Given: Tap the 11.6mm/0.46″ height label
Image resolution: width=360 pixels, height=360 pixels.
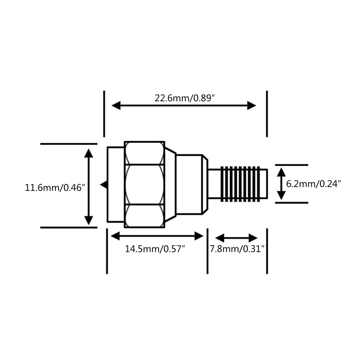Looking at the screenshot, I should pyautogui.click(x=55, y=188).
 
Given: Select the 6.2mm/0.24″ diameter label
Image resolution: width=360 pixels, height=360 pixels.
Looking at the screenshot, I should pyautogui.click(x=314, y=184).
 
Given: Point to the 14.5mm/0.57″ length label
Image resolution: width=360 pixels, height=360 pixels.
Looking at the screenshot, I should pyautogui.click(x=155, y=248).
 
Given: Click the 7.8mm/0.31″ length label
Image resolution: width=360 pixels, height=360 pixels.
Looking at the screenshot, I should pyautogui.click(x=237, y=248).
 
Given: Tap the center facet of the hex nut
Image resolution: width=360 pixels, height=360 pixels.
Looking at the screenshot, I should pyautogui.click(x=144, y=185).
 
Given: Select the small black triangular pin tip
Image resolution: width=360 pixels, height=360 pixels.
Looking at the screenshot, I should pyautogui.click(x=103, y=184).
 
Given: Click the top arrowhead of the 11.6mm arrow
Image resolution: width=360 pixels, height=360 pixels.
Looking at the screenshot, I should pyautogui.click(x=89, y=153).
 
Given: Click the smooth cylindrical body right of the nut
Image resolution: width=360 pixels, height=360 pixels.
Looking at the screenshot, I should pyautogui.click(x=190, y=184).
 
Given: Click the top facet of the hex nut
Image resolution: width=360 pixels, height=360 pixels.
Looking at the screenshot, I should pyautogui.click(x=144, y=153).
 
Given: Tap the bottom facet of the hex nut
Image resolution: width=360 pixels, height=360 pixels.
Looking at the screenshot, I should pyautogui.click(x=144, y=216).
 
